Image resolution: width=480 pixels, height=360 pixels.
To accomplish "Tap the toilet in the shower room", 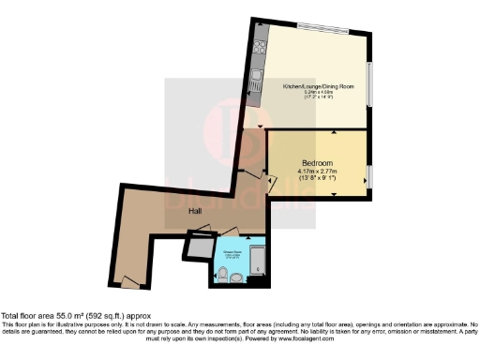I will [x=222, y=273].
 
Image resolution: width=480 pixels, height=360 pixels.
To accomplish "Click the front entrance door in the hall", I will [x=132, y=280].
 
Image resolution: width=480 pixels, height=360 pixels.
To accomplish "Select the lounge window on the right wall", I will [x=369, y=85].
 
